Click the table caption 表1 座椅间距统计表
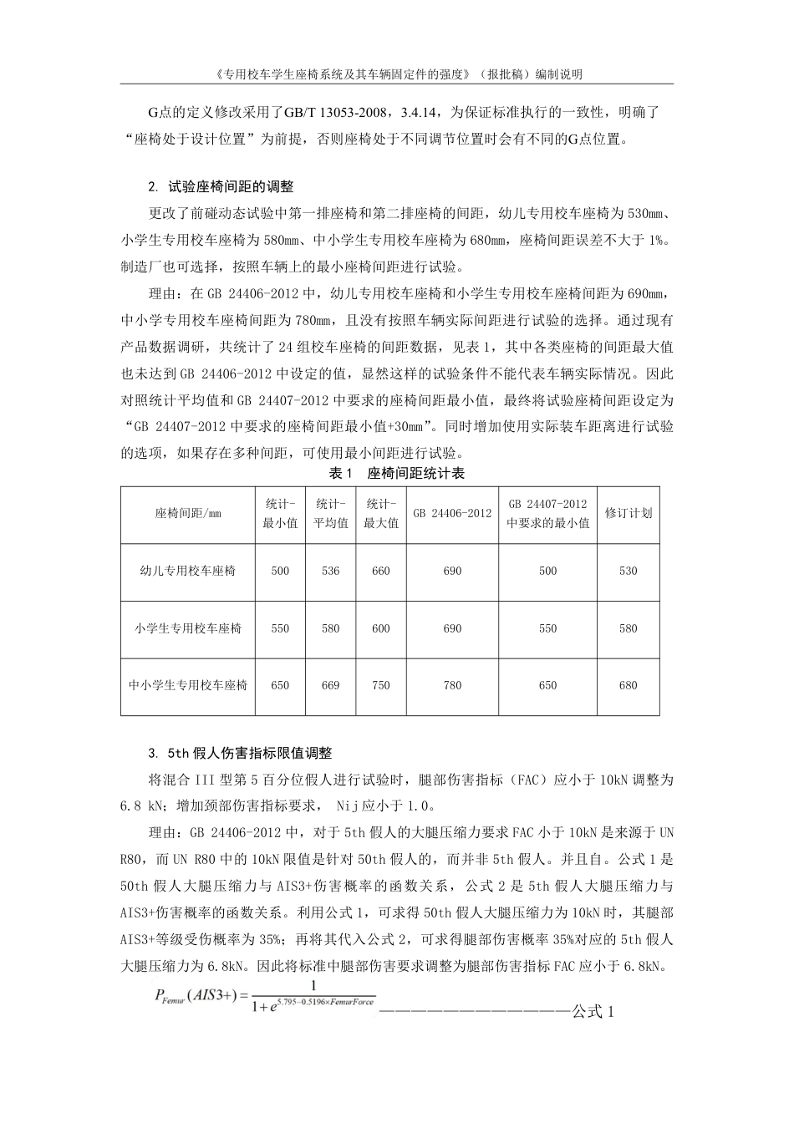point(397,474)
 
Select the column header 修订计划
point(628,513)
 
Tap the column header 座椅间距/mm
point(188,513)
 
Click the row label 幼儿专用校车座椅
point(188,571)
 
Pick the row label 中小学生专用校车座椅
point(188,685)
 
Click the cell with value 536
point(330,571)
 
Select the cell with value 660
point(381,571)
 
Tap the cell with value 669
point(330,685)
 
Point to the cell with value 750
point(381,685)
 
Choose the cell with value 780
point(452,685)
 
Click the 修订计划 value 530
point(628,571)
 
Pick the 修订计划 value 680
point(628,685)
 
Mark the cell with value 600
point(381,628)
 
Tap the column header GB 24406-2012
point(452,513)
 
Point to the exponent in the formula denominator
point(333,1002)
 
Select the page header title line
point(397,74)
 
